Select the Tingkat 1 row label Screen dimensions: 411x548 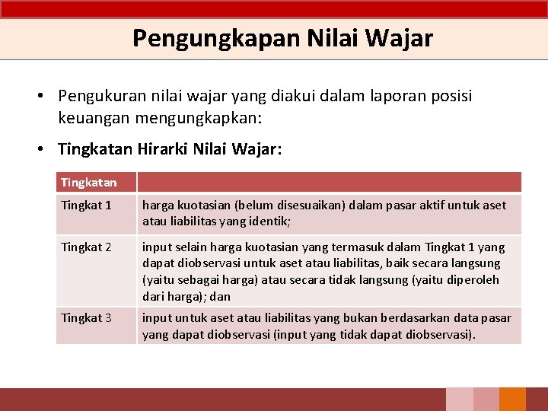click(86, 205)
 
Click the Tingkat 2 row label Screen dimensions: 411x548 click(86, 247)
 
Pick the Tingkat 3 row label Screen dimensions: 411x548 click(86, 317)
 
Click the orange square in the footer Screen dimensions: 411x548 click(512, 400)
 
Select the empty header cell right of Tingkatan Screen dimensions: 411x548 click(329, 183)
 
